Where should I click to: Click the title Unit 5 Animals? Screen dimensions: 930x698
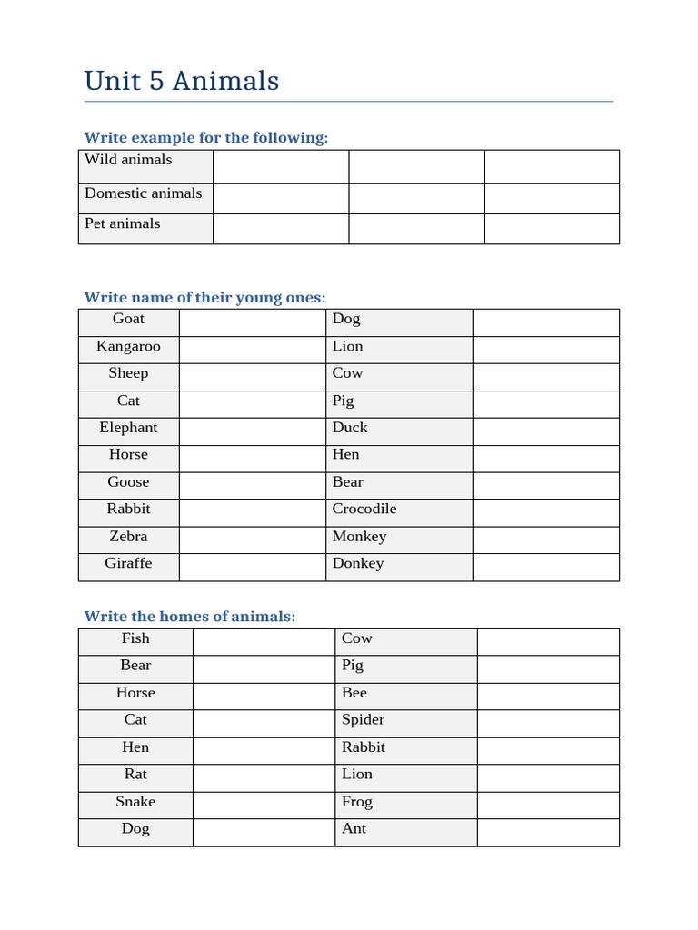[x=181, y=81]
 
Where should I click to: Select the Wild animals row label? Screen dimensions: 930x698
[x=128, y=160]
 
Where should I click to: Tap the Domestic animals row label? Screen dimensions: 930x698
[x=144, y=193]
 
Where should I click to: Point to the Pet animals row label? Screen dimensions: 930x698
[x=123, y=223]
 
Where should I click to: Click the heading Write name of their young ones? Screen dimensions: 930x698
[x=204, y=297]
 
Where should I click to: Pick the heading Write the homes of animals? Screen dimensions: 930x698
[x=190, y=616]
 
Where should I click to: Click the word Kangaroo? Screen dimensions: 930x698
[x=128, y=346]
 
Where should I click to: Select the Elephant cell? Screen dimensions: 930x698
[x=128, y=428]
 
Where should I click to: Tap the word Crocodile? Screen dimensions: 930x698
[x=364, y=509]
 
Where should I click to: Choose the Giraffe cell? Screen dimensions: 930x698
[x=128, y=563]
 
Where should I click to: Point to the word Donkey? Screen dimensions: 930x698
[x=358, y=563]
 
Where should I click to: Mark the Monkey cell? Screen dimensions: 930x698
[x=359, y=536]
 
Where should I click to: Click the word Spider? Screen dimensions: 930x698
[x=363, y=719]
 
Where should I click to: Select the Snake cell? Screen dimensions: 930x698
[x=135, y=801]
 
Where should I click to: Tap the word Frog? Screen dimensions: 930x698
[x=357, y=801]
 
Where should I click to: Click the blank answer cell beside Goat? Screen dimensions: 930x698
[x=252, y=322]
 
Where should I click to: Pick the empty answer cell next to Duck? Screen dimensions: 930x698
[x=545, y=431]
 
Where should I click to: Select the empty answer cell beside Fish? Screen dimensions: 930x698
[x=264, y=642]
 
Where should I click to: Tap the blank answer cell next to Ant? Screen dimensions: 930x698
[x=548, y=833]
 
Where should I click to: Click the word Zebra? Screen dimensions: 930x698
[x=128, y=536]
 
